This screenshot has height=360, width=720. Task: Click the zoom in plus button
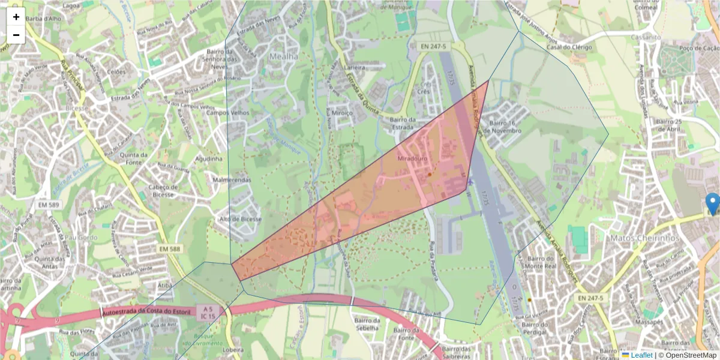[16, 17]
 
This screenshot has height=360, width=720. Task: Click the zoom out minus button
[16, 35]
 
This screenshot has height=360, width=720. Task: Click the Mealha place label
[283, 56]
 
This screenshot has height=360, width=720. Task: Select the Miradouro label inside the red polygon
[411, 159]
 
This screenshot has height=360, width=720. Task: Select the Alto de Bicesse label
[241, 220]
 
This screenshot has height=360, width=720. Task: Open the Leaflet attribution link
[641, 355]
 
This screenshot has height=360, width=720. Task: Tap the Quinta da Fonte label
[134, 159]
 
